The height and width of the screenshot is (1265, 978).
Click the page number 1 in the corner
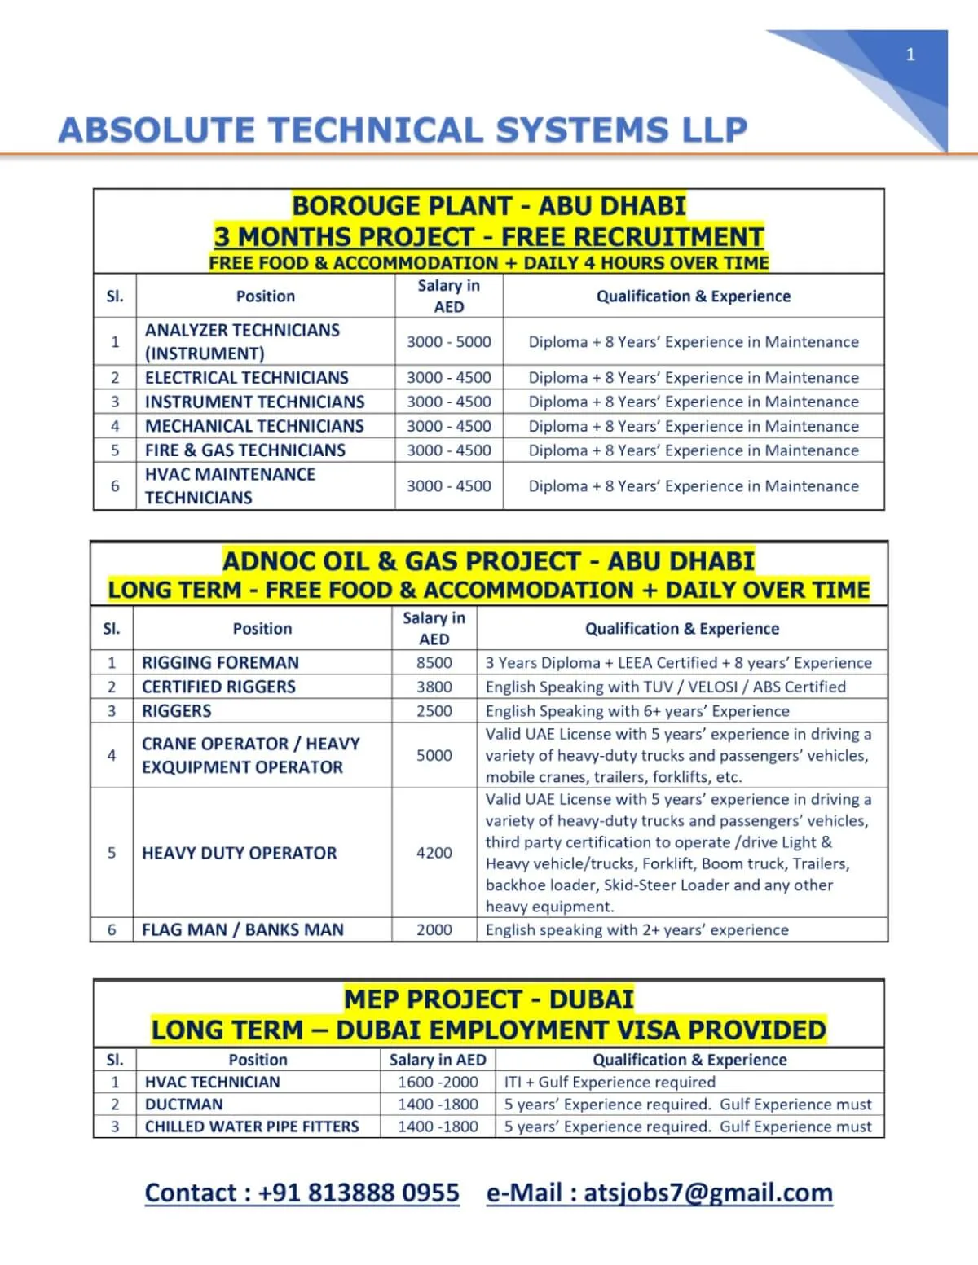coord(910,55)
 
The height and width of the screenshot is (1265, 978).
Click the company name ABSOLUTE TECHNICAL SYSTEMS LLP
coord(403,130)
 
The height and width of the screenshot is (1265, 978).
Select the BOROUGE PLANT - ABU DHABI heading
coord(489,206)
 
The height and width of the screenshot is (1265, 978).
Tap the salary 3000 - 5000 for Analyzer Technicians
coord(449,342)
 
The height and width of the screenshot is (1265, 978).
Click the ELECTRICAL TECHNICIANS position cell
coord(247,378)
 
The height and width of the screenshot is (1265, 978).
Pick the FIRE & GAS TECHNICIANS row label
coord(245,450)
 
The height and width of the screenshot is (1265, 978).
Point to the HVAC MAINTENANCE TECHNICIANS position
coord(230,485)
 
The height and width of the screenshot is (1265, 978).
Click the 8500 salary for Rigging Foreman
coord(434,663)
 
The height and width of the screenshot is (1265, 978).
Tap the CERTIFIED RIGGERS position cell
coord(218,687)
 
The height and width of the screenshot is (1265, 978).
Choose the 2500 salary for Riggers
coord(434,711)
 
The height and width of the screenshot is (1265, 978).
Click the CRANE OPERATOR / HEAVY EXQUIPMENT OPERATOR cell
coord(250,755)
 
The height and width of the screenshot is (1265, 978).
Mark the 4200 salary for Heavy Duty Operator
coord(434,853)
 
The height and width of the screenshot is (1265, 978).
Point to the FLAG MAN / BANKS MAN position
coord(243,930)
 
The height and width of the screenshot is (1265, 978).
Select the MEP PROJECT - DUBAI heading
coord(489,999)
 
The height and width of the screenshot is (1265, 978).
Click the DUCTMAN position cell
coord(183,1105)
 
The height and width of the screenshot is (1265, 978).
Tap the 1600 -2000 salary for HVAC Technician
coord(438,1082)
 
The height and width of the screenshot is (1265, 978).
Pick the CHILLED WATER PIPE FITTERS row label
coord(252,1127)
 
